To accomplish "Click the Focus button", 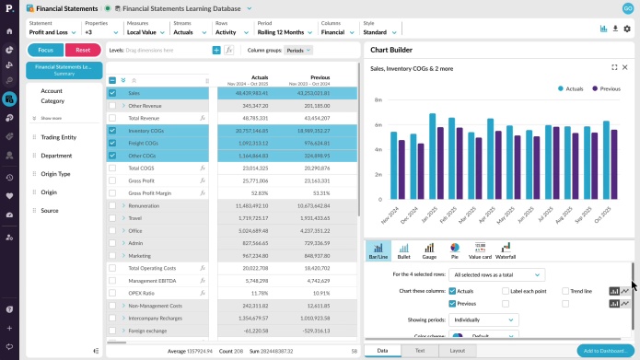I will click(45, 50).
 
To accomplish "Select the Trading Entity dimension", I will click(58, 137).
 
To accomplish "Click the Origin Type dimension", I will click(55, 174).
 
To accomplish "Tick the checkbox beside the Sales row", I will click(112, 93).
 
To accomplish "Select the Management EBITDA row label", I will click(153, 280).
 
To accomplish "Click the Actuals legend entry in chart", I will click(573, 88).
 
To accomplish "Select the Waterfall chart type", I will click(506, 249).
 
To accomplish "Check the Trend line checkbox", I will click(565, 291).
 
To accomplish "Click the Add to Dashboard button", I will click(603, 351).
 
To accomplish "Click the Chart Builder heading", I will click(391, 50).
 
